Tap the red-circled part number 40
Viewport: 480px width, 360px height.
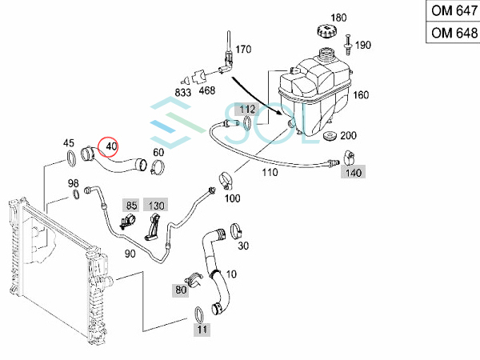click(x=110, y=147)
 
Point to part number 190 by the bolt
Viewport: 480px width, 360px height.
click(x=363, y=45)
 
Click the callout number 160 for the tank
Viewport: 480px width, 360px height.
click(x=361, y=95)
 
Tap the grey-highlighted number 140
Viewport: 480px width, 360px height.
click(x=352, y=172)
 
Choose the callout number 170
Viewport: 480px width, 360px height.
click(x=243, y=49)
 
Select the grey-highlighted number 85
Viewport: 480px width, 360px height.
click(x=132, y=205)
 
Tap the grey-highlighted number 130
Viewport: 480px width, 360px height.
click(x=158, y=205)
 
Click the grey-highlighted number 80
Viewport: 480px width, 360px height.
click(x=180, y=290)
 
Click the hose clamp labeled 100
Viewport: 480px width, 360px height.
click(x=226, y=181)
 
